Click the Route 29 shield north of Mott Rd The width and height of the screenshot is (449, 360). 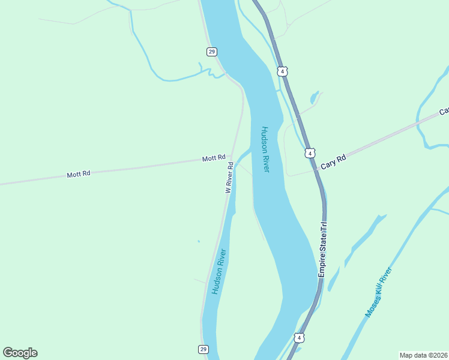click(211, 52)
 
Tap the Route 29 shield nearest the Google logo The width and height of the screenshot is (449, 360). click(203, 349)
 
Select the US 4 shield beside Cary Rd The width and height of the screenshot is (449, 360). click(309, 153)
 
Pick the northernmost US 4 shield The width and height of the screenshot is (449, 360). click(282, 71)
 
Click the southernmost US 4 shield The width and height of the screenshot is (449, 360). click(299, 338)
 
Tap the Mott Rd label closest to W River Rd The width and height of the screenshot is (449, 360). click(214, 158)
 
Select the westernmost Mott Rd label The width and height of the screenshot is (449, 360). click(79, 174)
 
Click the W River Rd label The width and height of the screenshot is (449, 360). click(229, 177)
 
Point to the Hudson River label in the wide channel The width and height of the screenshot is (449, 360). click(265, 149)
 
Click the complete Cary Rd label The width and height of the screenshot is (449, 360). click(333, 161)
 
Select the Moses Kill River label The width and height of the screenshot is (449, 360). click(378, 293)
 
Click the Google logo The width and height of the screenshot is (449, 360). click(20, 353)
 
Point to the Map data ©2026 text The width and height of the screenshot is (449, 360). click(423, 355)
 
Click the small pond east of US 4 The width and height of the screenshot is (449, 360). click(313, 97)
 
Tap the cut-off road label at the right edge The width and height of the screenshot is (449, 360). click(444, 112)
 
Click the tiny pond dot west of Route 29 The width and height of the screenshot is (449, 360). click(199, 242)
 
